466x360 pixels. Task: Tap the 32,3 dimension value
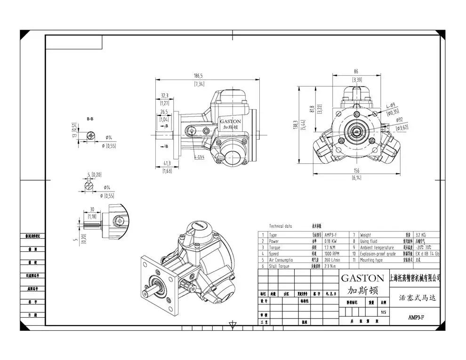[x=164, y=95]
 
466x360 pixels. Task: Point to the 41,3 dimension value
[x=167, y=163]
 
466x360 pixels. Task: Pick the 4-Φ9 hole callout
[x=390, y=106]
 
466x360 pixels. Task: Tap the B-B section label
[x=90, y=119]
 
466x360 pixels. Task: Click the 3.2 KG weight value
[x=422, y=235]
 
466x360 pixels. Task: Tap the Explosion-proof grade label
[x=378, y=254]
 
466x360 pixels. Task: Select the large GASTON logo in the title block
[x=362, y=278]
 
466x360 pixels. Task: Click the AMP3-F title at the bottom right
[x=417, y=318]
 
